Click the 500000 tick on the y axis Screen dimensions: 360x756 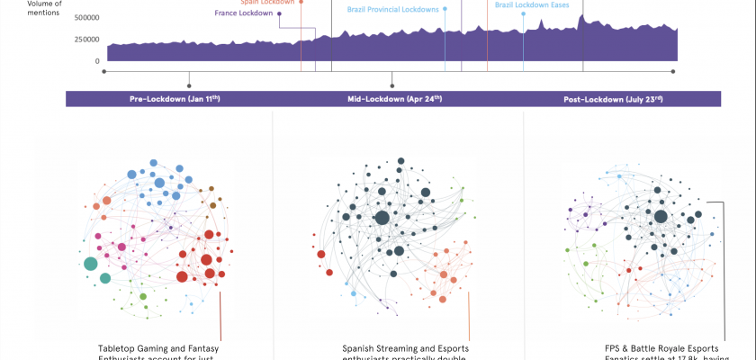(x=87, y=17)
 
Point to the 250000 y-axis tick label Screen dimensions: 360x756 (x=87, y=40)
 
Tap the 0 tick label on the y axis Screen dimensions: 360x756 (x=98, y=61)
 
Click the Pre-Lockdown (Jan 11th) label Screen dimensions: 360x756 (x=169, y=98)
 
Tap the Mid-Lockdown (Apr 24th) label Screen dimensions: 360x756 (x=394, y=98)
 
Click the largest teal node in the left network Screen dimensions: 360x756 (x=90, y=264)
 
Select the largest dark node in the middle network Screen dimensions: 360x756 (x=382, y=218)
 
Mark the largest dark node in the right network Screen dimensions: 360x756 (x=661, y=216)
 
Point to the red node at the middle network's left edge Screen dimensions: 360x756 (x=320, y=255)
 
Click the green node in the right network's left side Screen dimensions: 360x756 (x=585, y=265)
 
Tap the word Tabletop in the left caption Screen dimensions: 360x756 (x=120, y=348)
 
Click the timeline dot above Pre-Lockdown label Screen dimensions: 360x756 (x=189, y=85)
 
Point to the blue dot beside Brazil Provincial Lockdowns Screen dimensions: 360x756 (x=445, y=9)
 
